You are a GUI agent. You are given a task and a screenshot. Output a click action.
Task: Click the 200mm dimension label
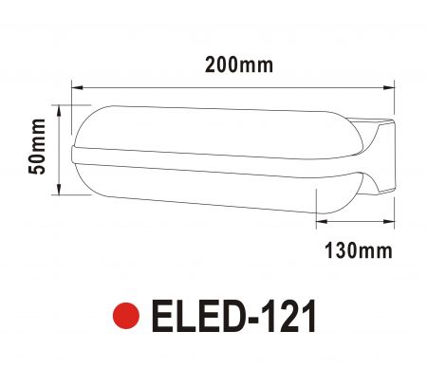click(239, 65)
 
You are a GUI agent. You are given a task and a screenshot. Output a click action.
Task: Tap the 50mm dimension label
click(37, 146)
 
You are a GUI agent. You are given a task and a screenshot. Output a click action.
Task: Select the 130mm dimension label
click(359, 250)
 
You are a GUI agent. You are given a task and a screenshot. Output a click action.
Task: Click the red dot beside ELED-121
click(126, 316)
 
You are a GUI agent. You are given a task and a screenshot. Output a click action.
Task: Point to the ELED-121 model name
click(233, 316)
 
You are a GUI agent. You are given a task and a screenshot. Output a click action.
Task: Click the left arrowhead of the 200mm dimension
click(77, 87)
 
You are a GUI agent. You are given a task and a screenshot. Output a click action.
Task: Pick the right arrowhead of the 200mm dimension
click(389, 87)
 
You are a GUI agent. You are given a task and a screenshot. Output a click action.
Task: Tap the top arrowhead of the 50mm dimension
click(59, 110)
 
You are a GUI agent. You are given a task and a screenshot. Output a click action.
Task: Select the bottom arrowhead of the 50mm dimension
click(59, 189)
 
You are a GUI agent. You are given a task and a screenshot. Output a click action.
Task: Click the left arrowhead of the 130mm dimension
click(322, 221)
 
